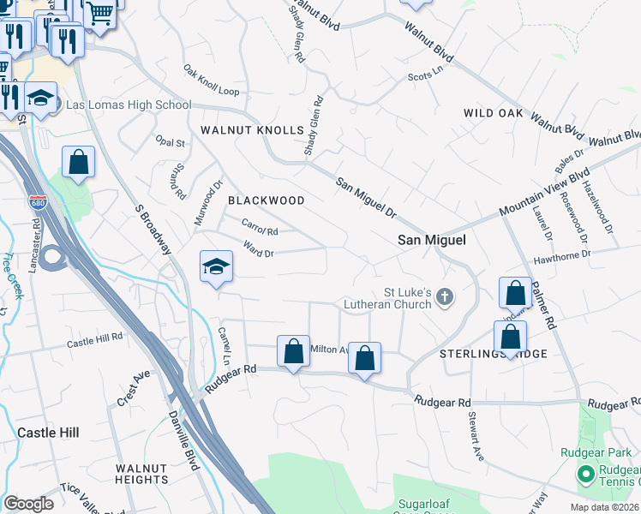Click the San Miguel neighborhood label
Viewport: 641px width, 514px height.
pos(432,241)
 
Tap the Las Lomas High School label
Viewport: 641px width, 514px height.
pos(129,105)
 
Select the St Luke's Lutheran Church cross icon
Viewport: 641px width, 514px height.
pos(444,297)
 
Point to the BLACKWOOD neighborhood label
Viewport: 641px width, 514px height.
pos(266,200)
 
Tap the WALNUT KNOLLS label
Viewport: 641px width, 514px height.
pos(252,130)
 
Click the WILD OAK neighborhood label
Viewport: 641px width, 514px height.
pos(494,113)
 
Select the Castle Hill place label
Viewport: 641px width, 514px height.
pos(48,433)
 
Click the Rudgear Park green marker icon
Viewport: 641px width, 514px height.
pos(586,474)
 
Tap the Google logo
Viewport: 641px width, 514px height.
pos(28,504)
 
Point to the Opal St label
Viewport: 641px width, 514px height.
pos(170,142)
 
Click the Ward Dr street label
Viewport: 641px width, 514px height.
pos(259,253)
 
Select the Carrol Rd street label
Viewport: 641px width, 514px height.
pos(261,228)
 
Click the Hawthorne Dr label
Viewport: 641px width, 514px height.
pos(562,254)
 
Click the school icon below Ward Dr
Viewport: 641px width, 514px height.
pos(217,267)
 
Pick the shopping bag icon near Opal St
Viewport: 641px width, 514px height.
pos(78,162)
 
